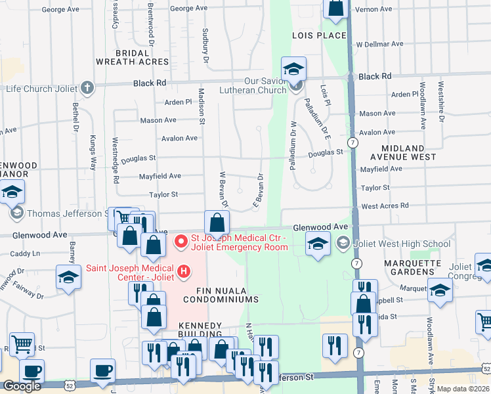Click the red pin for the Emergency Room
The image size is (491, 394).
pyautogui.click(x=180, y=243)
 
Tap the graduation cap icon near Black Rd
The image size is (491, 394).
pyautogui.click(x=294, y=68)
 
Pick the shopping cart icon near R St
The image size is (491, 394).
pyautogui.click(x=23, y=343)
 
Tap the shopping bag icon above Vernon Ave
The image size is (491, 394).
pyautogui.click(x=335, y=9)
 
